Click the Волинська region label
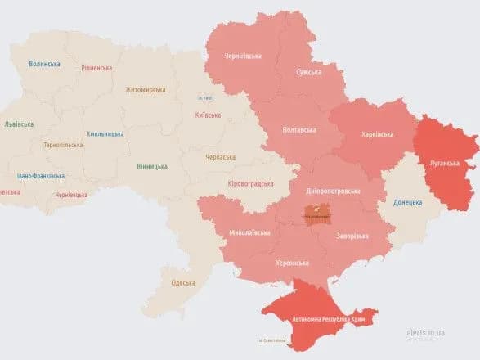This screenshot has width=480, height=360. [44, 63]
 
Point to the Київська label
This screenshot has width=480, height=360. [208, 115]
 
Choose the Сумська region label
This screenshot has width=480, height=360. [308, 72]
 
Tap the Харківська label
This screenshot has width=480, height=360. [377, 134]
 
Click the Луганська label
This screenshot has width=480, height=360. [445, 163]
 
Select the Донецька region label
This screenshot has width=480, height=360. [407, 202]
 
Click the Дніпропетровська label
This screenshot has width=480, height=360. [332, 190]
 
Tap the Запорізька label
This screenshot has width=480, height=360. [352, 236]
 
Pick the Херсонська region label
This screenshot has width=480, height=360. [291, 263]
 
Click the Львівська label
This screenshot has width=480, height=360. [19, 124]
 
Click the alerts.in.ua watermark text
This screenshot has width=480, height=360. [427, 334]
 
